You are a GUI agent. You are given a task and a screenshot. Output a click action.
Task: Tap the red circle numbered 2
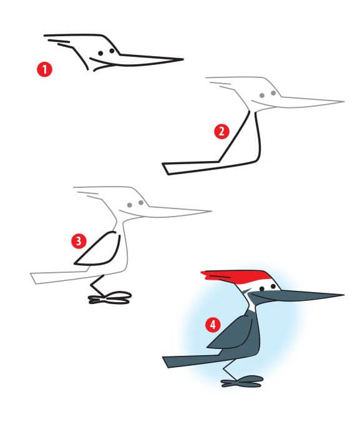pos(221,132)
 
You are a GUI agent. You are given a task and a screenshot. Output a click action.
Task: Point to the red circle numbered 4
pos(213,324)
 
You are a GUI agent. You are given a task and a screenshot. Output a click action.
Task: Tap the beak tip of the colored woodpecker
pos(342,295)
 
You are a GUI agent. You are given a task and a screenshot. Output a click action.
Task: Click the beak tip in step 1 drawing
pos(182,59)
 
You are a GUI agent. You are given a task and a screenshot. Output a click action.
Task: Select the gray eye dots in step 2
pos(268,94)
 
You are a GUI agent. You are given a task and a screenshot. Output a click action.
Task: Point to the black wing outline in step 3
pos(100,250)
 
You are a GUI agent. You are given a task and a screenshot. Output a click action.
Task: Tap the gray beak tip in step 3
pos(211,211)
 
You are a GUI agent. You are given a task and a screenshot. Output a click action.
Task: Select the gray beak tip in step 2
pos(343,101)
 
